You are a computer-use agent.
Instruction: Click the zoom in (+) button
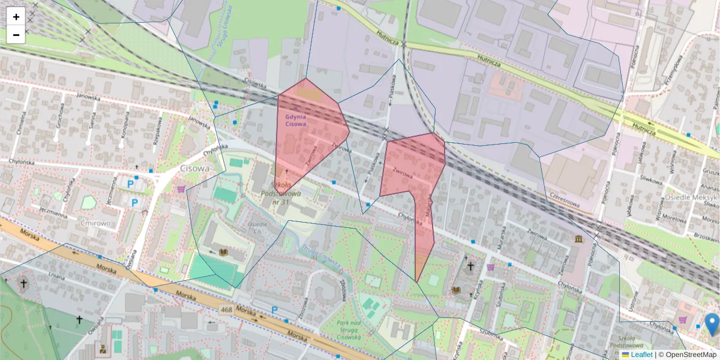click(x=16, y=17)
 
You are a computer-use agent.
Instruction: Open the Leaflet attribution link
click(x=641, y=355)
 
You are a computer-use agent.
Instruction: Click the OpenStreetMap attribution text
click(x=691, y=355)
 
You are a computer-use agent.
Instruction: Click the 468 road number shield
click(x=226, y=310)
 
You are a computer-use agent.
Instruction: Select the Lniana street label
click(x=56, y=276)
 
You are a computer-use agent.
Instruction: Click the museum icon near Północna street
click(x=578, y=239)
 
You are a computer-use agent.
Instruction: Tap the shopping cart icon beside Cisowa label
click(x=181, y=189)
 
